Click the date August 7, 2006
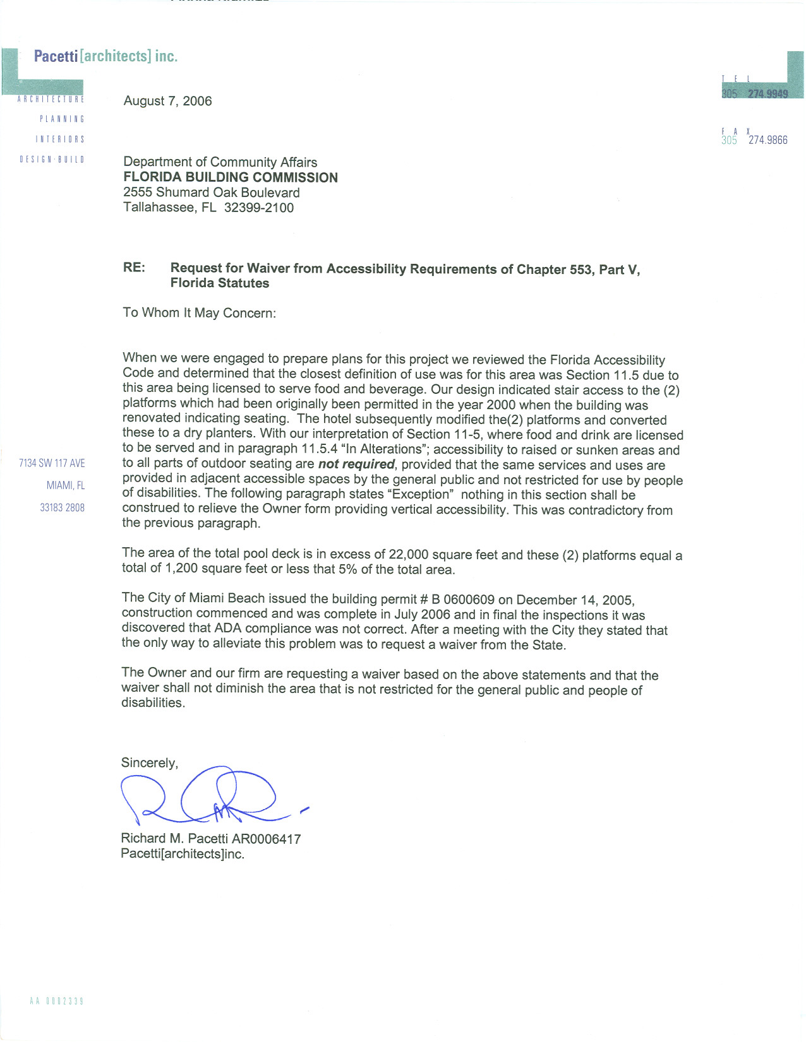(167, 101)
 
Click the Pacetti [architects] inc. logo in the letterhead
(105, 56)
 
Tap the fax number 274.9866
(767, 140)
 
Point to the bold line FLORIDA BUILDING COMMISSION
(231, 177)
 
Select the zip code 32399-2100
(259, 208)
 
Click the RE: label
(134, 268)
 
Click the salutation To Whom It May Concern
(199, 313)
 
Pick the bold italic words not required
(356, 465)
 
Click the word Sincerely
(149, 762)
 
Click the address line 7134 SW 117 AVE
(52, 463)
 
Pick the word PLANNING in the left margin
(62, 119)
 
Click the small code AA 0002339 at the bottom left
(56, 1001)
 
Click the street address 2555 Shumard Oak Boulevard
(212, 192)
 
